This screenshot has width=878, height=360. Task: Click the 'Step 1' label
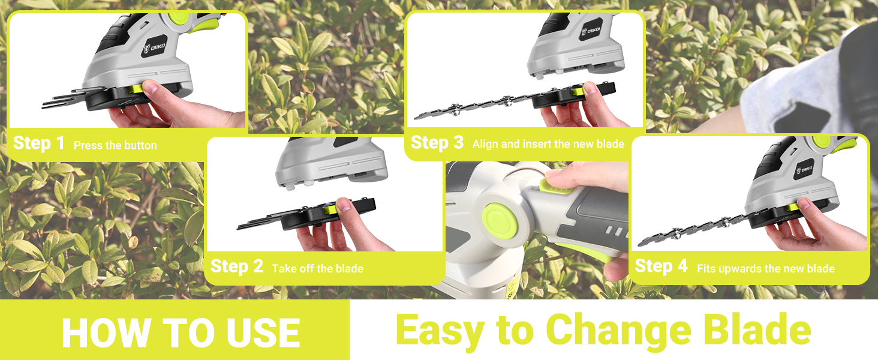pyautogui.click(x=38, y=143)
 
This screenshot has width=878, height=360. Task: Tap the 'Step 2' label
pyautogui.click(x=237, y=267)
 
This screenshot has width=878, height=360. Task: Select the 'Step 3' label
pyautogui.click(x=437, y=143)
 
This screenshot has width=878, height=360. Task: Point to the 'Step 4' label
pyautogui.click(x=661, y=267)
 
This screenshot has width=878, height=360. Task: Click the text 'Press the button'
pyautogui.click(x=115, y=145)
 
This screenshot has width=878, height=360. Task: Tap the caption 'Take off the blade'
pyautogui.click(x=317, y=269)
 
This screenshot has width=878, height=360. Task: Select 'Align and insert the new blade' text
pyautogui.click(x=548, y=144)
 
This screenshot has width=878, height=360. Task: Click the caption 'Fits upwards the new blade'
pyautogui.click(x=766, y=269)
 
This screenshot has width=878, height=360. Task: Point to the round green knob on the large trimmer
pyautogui.click(x=497, y=216)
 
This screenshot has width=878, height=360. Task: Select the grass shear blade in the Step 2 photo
pyautogui.click(x=270, y=222)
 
